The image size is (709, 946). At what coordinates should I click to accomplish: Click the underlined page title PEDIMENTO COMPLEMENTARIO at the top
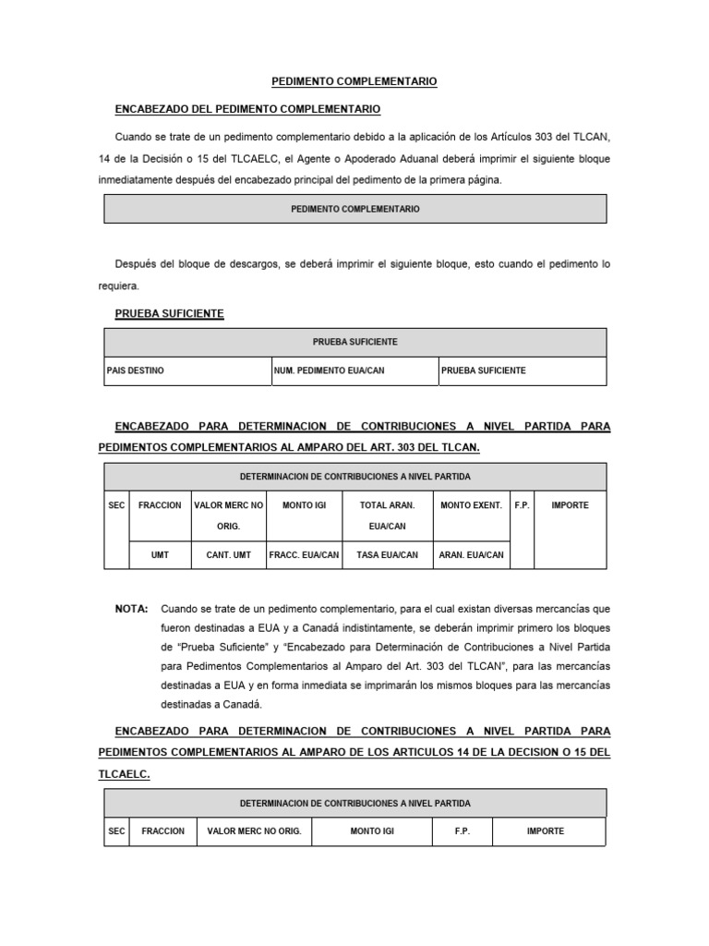354,82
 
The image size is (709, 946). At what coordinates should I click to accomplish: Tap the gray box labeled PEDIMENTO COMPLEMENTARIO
354,210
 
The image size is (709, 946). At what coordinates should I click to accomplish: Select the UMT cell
160,555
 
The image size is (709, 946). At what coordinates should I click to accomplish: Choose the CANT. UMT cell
228,555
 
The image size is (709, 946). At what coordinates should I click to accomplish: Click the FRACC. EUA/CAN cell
304,555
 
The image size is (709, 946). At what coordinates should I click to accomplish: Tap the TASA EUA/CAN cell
387,555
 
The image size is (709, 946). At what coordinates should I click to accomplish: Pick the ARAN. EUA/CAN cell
471,555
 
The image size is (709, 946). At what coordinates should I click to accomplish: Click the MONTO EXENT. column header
471,505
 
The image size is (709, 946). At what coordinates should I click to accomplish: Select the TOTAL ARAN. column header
387,505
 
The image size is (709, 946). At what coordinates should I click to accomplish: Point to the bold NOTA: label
131,609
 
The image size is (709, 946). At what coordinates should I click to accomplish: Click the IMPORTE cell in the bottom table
545,831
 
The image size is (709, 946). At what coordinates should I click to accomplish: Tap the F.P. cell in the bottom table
462,831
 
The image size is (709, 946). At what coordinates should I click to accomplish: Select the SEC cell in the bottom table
116,831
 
